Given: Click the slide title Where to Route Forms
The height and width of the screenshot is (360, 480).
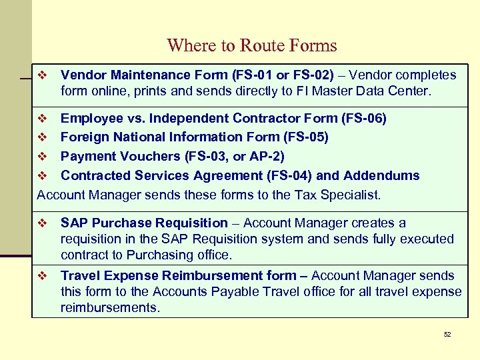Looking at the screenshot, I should coord(252,45).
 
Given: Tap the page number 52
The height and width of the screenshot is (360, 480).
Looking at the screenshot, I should coord(447,334).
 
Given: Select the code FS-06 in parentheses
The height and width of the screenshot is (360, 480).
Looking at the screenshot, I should coord(363,118).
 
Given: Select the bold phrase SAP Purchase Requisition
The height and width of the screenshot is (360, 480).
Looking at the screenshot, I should coord(144,223).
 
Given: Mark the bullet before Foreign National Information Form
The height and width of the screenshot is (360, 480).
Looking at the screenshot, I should coord(42,137).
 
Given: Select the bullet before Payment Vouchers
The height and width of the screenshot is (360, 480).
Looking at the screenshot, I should coord(42,156).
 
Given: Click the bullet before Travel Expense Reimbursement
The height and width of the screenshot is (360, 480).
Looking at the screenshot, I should coord(42,275).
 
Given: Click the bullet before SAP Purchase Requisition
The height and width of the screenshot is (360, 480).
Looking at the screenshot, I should coord(42,223).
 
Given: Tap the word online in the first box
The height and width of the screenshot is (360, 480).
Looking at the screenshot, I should coord(109,91).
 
